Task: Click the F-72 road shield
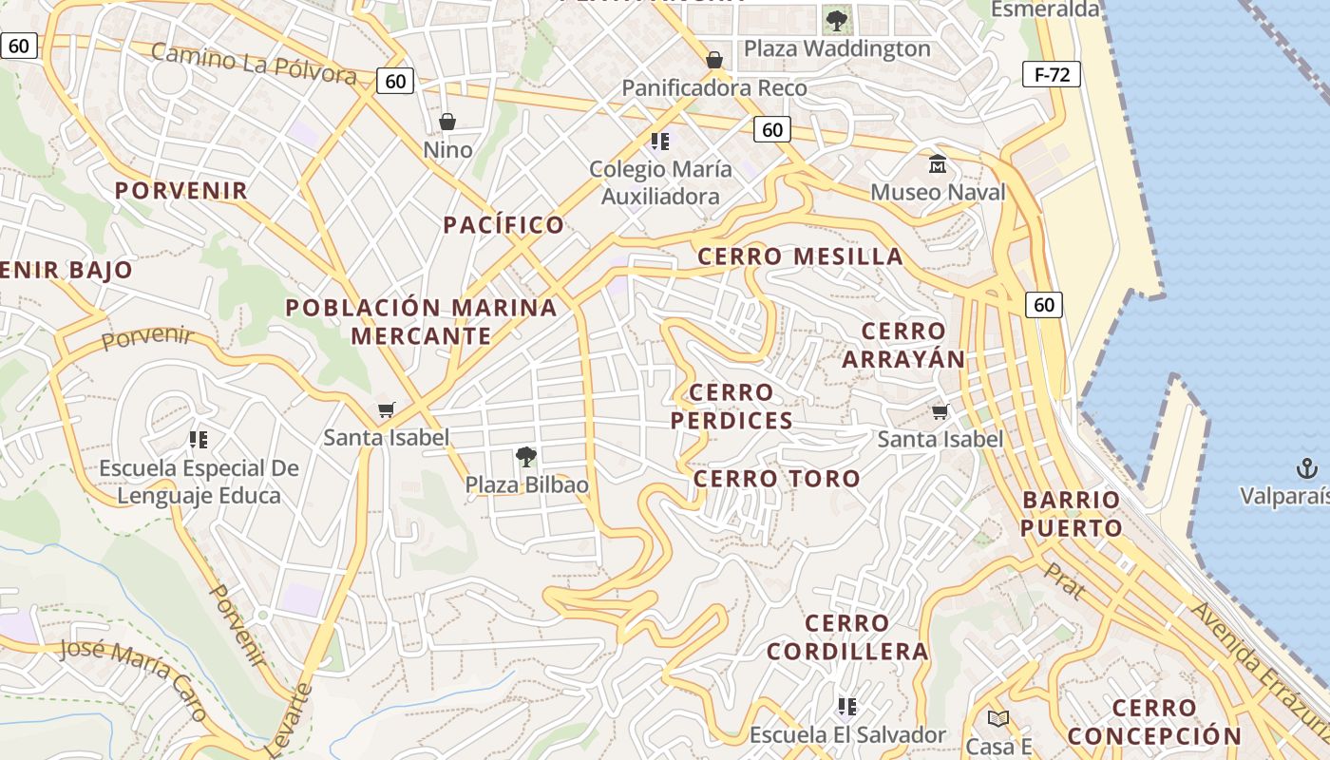(x=1052, y=74)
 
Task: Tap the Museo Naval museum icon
(x=938, y=164)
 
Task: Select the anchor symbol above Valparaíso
(x=1307, y=467)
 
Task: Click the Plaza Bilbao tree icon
(x=525, y=457)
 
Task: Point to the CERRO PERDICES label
(x=731, y=406)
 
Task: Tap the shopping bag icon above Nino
(x=447, y=122)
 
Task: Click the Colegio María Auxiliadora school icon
(x=660, y=142)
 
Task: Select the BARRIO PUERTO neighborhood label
(x=1072, y=514)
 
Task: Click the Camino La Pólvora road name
(x=254, y=63)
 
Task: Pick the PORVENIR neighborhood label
(x=181, y=190)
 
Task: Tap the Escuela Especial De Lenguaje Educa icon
(x=199, y=439)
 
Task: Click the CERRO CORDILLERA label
(x=847, y=636)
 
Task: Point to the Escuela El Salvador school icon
(x=847, y=706)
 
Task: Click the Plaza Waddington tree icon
(x=836, y=20)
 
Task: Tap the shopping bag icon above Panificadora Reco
(x=714, y=61)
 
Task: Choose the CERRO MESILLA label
(x=800, y=256)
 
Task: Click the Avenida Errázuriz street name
(x=1259, y=665)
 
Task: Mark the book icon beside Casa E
(x=997, y=718)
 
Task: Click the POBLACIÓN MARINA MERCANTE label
(x=421, y=321)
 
